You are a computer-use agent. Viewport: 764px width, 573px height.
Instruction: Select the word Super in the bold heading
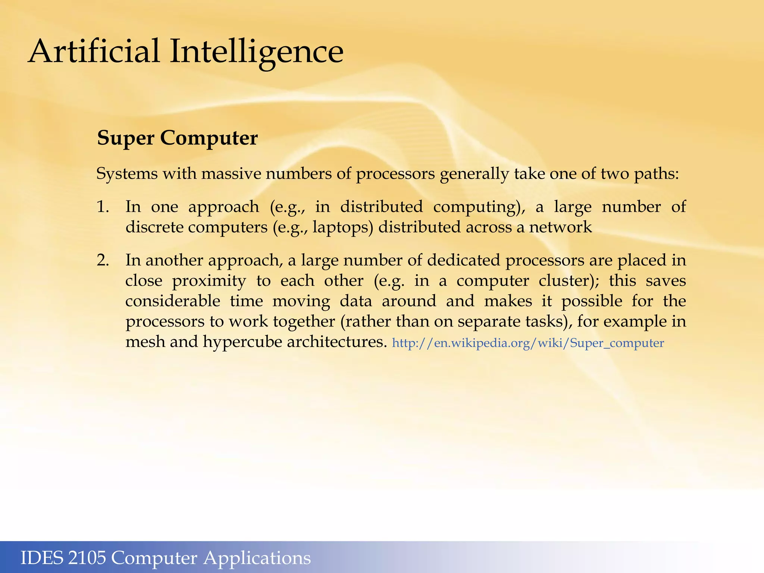tap(125, 138)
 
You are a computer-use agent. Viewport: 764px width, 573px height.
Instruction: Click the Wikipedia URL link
tap(528, 343)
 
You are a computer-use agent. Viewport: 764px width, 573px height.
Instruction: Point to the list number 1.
tap(103, 207)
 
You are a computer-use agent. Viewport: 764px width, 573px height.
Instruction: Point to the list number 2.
tap(103, 260)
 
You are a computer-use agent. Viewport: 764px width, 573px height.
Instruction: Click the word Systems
tap(127, 174)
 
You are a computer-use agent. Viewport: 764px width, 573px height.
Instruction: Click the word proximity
tap(209, 281)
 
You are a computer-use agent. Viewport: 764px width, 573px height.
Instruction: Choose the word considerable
tap(173, 301)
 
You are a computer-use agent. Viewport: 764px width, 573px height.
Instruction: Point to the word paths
tap(657, 175)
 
